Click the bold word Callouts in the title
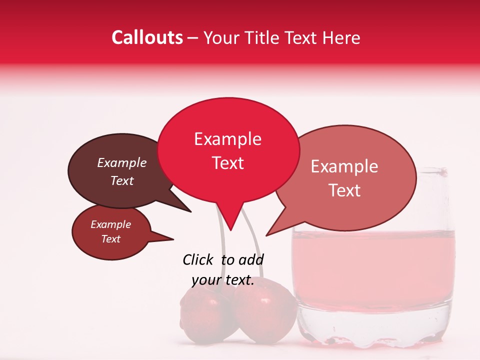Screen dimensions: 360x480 147,37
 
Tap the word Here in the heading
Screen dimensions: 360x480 341,38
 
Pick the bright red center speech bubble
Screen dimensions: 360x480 228,150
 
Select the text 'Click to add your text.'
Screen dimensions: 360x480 223,270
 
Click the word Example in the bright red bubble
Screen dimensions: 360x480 228,139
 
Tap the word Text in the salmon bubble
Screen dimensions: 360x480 345,190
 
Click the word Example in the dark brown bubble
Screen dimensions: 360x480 122,163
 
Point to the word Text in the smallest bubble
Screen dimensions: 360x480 111,239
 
